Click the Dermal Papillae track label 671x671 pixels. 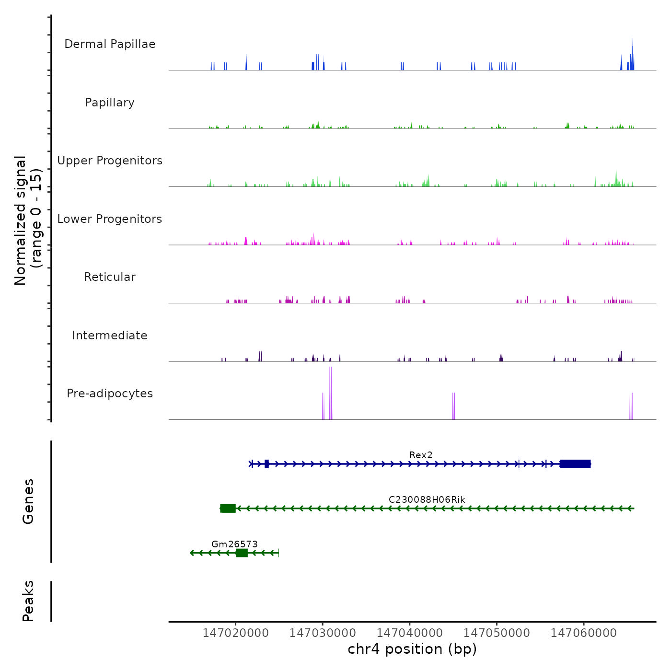coord(110,44)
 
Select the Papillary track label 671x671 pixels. coord(110,103)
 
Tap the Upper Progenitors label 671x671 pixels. coord(110,161)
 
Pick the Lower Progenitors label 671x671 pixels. coord(110,219)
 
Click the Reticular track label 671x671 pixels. coord(110,277)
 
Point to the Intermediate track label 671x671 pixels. coord(110,335)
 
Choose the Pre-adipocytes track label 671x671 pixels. coord(110,393)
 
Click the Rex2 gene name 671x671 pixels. coord(421,455)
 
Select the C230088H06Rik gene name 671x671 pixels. coord(427,499)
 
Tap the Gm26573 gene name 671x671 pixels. coord(234,544)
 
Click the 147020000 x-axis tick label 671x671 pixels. coord(235,633)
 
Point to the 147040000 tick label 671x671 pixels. coord(410,633)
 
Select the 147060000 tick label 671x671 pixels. coord(584,633)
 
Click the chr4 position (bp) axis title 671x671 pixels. coord(412,649)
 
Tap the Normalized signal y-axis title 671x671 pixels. coord(28,220)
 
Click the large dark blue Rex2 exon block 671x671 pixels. coord(575,464)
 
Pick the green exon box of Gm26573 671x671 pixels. coord(242,553)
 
